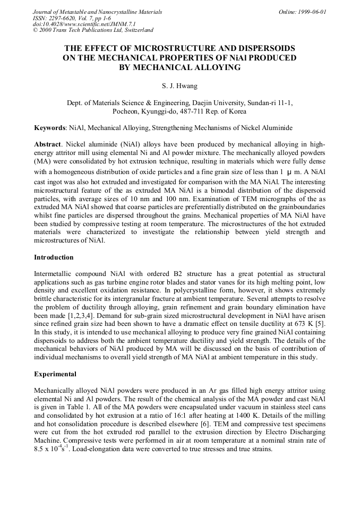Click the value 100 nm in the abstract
173,199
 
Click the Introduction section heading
54,257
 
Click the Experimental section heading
56,374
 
